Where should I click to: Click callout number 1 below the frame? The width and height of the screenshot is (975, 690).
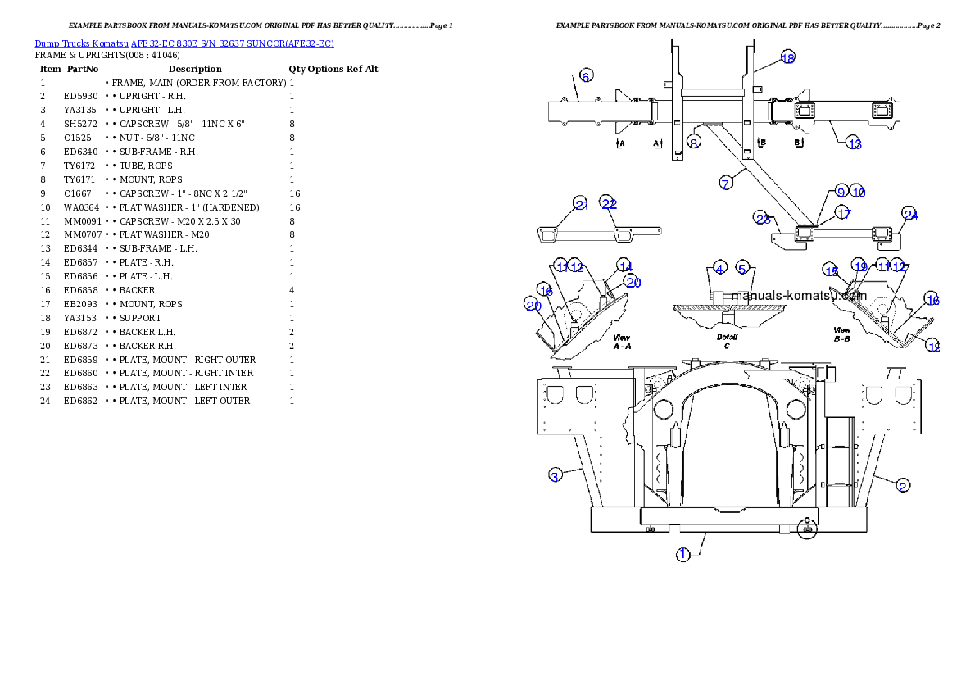[682, 555]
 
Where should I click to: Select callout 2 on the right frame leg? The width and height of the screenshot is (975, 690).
[902, 485]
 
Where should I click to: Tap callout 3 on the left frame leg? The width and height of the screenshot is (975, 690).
[555, 475]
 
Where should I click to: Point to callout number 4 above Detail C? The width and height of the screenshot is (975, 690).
[719, 268]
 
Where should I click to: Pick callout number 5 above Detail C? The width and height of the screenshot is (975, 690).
[742, 268]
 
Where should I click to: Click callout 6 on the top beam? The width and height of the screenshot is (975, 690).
[586, 76]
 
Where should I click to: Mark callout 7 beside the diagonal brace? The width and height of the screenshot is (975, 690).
[726, 183]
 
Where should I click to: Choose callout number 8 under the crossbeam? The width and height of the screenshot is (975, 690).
[694, 141]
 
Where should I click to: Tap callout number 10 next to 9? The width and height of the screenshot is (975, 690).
[858, 192]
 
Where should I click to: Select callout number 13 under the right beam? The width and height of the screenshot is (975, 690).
[855, 144]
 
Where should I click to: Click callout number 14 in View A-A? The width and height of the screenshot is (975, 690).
[625, 266]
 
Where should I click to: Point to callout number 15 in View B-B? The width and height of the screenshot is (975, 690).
[832, 271]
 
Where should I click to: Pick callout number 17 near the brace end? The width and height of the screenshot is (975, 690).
[844, 213]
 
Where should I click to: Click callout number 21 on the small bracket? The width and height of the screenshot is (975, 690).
[581, 205]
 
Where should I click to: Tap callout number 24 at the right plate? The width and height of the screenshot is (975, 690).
[910, 215]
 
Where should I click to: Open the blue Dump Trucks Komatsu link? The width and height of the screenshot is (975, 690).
[184, 43]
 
